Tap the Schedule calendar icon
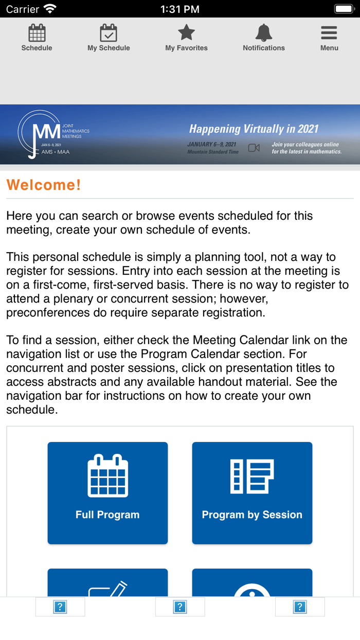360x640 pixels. pos(37,33)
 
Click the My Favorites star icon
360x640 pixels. pos(186,33)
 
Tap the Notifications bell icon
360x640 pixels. pos(263,33)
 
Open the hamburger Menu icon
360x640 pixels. pos(329,33)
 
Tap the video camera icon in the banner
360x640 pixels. pos(254,148)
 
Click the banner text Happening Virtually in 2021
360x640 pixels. pos(254,129)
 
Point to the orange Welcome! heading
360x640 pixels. pos(44,185)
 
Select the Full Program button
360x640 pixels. pos(107,493)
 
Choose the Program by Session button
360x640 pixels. pos(252,493)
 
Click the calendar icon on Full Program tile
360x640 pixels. pos(107,476)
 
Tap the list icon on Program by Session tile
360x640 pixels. pos(252,476)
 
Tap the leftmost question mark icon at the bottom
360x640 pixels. pos(60,607)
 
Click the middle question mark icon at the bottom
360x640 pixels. pos(180,607)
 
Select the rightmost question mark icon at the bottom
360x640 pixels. pos(300,607)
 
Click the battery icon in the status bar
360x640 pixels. pos(344,9)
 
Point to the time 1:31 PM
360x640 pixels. pos(180,9)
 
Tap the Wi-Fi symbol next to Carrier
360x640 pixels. pos(50,9)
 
